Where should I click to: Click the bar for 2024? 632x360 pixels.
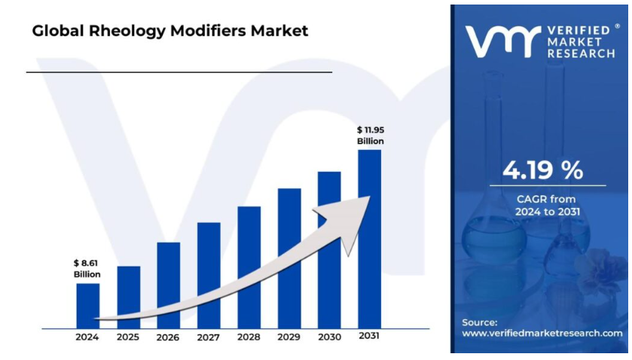pos(87,305)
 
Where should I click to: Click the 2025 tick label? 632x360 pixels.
pos(128,337)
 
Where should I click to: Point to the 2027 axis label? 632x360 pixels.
pos(209,337)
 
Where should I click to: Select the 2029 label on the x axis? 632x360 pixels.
pos(289,337)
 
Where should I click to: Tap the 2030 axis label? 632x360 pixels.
pos(329,337)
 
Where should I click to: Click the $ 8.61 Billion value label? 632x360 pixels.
pos(87,268)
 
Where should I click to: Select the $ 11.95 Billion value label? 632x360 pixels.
pos(370,136)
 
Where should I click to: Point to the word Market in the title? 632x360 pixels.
pos(280,31)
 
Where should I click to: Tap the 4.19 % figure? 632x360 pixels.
pos(542,170)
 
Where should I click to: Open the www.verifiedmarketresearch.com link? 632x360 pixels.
pos(542,333)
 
